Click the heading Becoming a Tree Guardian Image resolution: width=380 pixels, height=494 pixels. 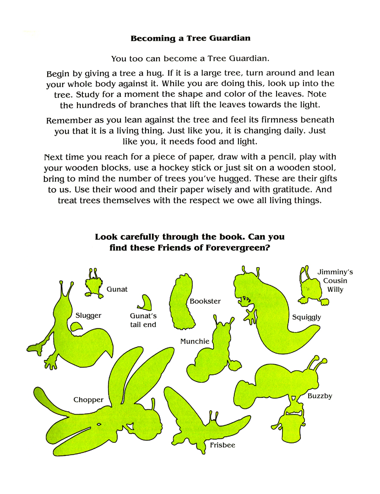[x=190, y=38]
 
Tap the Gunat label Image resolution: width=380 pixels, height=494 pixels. [x=117, y=289]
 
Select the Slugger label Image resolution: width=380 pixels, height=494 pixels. [x=88, y=316]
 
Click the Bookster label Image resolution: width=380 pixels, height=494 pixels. [x=205, y=301]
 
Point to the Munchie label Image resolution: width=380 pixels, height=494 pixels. [x=195, y=341]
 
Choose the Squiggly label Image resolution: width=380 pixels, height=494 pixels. [x=307, y=317]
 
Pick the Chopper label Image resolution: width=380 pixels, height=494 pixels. [x=88, y=400]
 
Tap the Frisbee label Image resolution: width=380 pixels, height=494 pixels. [x=223, y=445]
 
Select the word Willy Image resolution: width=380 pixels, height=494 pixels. [x=335, y=290]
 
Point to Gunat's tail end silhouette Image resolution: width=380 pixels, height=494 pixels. [x=147, y=303]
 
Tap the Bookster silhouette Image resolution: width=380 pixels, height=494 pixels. [x=180, y=302]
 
